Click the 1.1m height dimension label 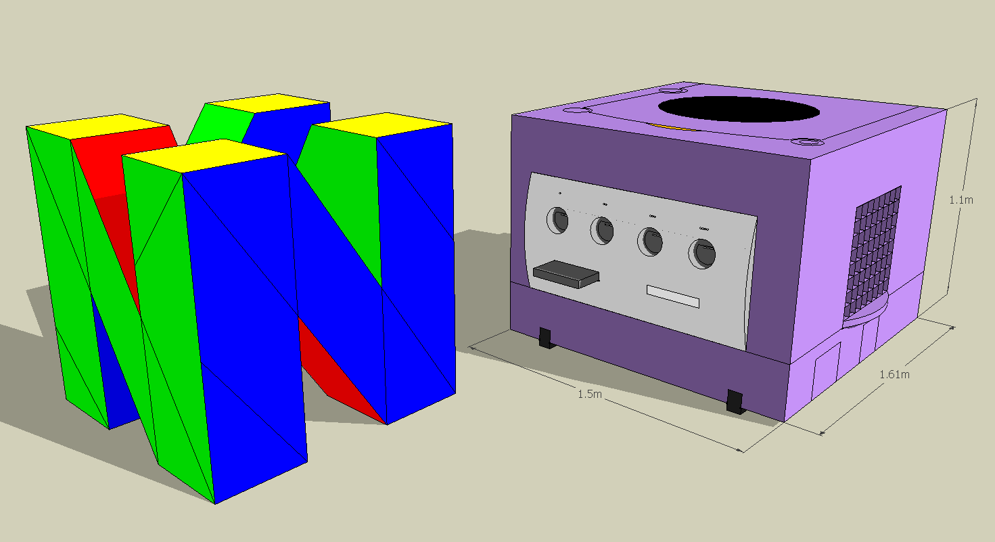pos(961,200)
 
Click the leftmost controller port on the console pos(559,220)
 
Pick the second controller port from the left pos(602,231)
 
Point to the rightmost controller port pos(701,254)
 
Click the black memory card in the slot pos(566,275)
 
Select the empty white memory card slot pos(672,296)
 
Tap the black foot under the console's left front pos(547,338)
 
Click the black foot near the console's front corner pos(735,401)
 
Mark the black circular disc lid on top pos(737,108)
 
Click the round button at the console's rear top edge pos(673,89)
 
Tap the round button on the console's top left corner pos(576,111)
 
